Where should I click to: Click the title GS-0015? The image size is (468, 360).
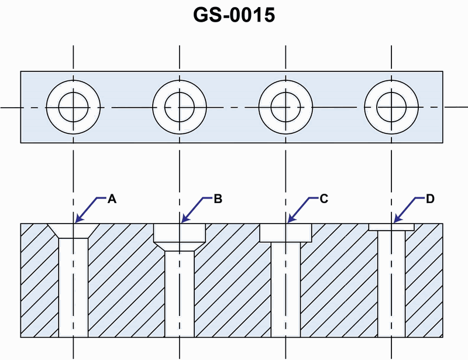coord(234,15)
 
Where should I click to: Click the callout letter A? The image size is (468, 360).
coord(113,199)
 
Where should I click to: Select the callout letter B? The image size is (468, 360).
coord(218,199)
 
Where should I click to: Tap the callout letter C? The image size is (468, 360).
coord(324,199)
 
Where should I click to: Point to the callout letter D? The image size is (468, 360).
coord(430,199)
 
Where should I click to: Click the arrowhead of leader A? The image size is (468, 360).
coord(77,221)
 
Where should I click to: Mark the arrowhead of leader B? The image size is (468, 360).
coord(183,221)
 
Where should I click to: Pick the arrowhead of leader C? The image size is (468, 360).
coord(288,221)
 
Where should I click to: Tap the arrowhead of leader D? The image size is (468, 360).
coord(394,221)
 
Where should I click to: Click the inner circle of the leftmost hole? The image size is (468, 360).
coord(73,108)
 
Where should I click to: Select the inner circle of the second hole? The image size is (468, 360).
coord(179,108)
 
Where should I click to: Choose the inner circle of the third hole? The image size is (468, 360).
coord(285,108)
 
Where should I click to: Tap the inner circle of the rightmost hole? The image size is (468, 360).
coord(391,108)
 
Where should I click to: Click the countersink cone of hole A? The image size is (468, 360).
coord(73,231)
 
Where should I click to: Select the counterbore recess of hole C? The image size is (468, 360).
coord(285,233)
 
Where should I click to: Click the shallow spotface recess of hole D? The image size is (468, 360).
coord(391,227)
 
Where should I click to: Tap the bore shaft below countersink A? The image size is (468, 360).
coord(73,287)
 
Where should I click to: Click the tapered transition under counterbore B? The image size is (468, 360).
coord(179,247)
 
